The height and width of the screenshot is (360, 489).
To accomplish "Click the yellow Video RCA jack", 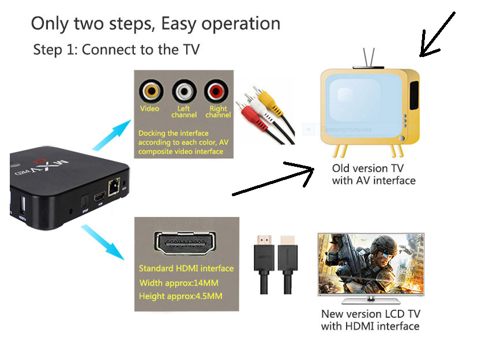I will (x=151, y=91).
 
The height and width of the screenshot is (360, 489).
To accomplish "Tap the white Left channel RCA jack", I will (x=184, y=91).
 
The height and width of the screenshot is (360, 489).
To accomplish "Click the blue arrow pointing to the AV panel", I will (x=110, y=138).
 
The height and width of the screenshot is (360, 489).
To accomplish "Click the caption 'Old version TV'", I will (x=368, y=168).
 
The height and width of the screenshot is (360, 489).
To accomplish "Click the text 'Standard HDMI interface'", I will (x=186, y=268).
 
